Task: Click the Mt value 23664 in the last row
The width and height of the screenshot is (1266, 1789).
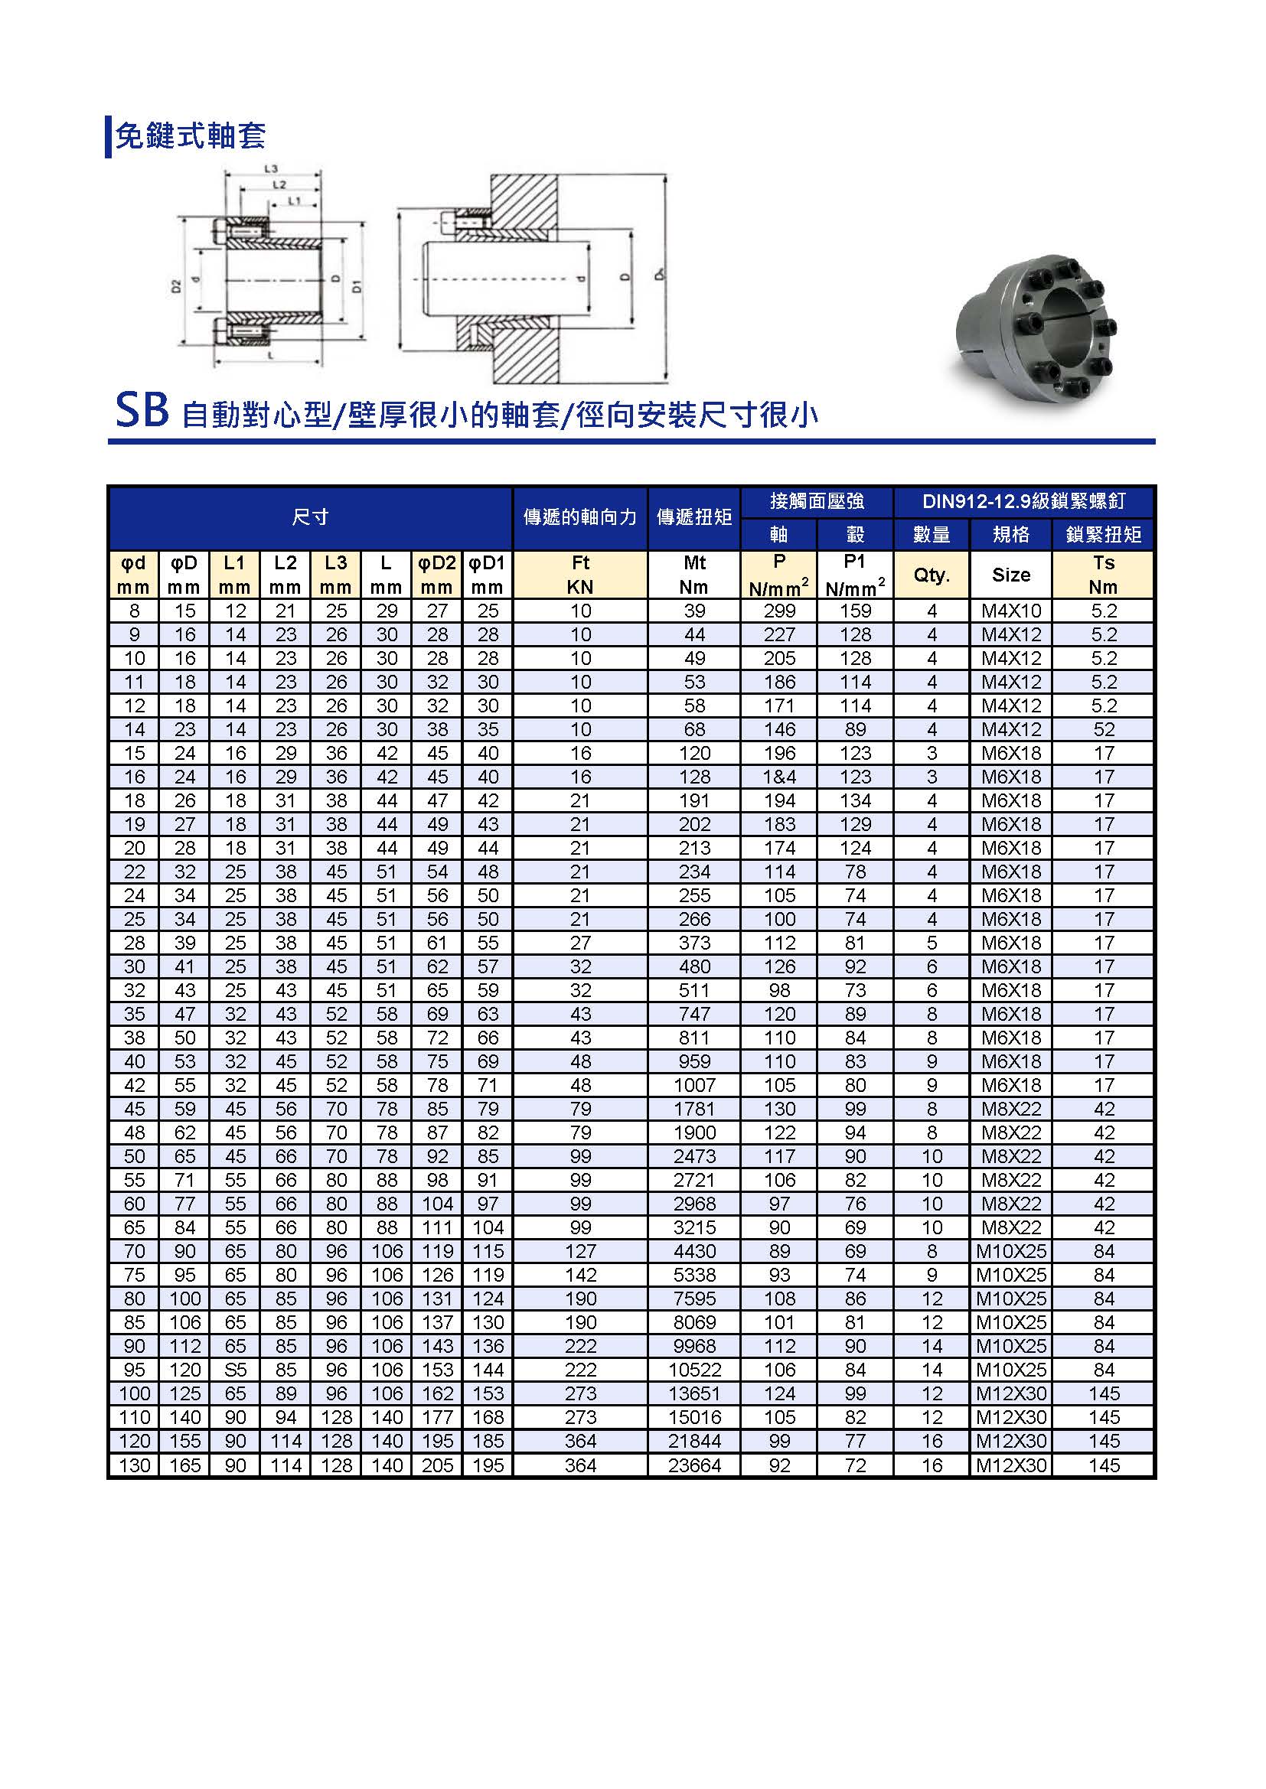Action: coord(693,1465)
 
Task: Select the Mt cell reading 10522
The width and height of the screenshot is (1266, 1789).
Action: coord(693,1370)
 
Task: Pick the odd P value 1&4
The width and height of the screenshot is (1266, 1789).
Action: coord(778,777)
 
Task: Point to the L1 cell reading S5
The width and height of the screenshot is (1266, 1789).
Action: coord(235,1370)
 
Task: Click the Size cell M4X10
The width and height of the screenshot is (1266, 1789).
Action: coord(1010,611)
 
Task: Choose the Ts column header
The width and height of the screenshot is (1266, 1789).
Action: coord(1102,575)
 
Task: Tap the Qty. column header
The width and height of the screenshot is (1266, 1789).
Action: coord(932,575)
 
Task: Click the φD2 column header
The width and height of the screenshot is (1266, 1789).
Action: coord(436,575)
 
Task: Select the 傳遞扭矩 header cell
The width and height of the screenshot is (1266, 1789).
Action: coord(693,517)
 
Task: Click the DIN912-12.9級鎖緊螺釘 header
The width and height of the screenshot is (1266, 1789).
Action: coord(1023,501)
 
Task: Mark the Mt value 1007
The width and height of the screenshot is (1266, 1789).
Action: coord(693,1085)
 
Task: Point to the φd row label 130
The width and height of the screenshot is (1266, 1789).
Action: coord(134,1465)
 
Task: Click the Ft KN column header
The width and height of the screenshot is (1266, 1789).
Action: coord(580,575)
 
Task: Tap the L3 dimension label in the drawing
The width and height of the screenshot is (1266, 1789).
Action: coord(271,168)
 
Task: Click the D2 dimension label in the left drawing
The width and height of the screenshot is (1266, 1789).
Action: coord(176,286)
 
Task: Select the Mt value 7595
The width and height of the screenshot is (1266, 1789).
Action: coord(693,1299)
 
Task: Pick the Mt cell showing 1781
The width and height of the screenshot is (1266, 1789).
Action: coord(693,1110)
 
